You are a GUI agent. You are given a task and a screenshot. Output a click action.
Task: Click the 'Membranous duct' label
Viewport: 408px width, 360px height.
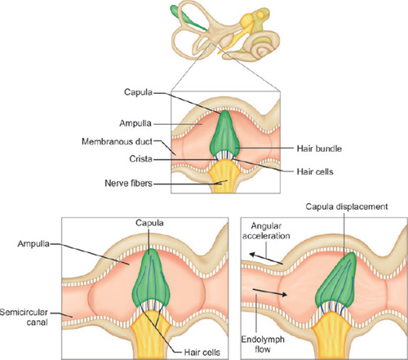point(118,142)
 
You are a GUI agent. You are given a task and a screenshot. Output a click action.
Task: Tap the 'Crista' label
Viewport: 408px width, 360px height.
point(140,158)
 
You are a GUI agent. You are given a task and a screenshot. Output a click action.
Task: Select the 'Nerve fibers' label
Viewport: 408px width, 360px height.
point(128,183)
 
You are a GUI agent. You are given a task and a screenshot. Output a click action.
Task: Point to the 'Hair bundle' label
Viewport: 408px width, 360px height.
point(319,149)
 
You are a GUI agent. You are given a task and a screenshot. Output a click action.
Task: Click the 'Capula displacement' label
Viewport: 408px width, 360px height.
point(347,207)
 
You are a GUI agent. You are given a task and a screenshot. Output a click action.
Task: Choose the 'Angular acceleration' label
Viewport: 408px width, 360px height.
point(266,231)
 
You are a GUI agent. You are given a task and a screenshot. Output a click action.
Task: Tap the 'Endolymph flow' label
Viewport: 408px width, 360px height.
point(263,344)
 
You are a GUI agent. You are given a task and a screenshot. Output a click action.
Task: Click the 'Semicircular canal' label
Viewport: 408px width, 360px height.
point(24,317)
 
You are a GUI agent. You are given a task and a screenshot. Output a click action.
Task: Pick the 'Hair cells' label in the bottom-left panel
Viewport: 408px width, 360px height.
point(202,353)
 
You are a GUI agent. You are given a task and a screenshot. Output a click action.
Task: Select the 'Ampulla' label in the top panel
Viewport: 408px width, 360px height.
point(135,123)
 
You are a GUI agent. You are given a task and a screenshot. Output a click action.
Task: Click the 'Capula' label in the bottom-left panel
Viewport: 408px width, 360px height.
point(149,223)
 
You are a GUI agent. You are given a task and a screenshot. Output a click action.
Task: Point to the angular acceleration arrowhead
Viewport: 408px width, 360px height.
point(252,255)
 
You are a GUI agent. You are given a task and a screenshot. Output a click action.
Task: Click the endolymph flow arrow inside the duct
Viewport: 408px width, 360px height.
point(270,292)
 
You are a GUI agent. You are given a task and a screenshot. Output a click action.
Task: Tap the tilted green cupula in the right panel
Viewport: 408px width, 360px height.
point(336,282)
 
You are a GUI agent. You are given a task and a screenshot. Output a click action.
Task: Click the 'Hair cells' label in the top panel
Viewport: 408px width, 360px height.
point(315,171)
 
